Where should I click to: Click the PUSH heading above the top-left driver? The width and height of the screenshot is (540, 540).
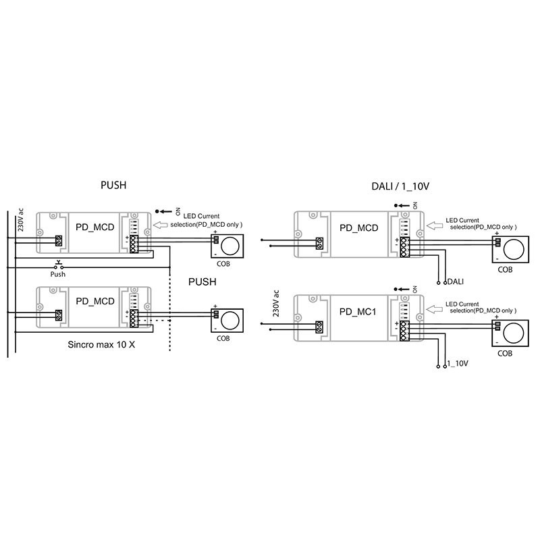click(113, 185)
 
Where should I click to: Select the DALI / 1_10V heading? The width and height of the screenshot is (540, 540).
click(400, 186)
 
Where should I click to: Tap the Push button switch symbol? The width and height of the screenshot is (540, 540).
click(58, 266)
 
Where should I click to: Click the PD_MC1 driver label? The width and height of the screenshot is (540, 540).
click(358, 312)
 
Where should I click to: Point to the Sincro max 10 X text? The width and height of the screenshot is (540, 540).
click(101, 344)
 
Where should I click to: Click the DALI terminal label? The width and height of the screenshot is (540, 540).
click(455, 281)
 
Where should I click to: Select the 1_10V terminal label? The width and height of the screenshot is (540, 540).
click(458, 363)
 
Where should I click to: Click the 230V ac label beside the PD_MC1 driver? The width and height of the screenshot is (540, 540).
click(276, 303)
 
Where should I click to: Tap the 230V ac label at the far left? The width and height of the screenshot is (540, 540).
click(20, 220)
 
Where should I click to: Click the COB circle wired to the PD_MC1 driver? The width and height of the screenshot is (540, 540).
click(514, 333)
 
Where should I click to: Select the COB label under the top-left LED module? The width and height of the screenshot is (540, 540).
click(223, 264)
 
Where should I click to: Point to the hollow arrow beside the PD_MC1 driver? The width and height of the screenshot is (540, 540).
click(435, 309)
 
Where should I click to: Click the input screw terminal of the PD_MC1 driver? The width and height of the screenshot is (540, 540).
click(319, 327)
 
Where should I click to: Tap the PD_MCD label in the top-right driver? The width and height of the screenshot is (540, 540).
click(359, 228)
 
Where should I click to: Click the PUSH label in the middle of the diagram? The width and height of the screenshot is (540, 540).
click(202, 281)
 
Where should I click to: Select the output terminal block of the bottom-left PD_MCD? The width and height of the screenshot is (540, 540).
click(134, 318)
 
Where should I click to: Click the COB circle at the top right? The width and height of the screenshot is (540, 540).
click(514, 248)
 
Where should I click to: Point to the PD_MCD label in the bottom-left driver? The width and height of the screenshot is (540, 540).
click(95, 301)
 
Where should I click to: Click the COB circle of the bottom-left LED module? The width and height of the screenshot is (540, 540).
click(230, 320)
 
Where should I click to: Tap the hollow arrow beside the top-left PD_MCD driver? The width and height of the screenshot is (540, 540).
click(160, 225)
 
